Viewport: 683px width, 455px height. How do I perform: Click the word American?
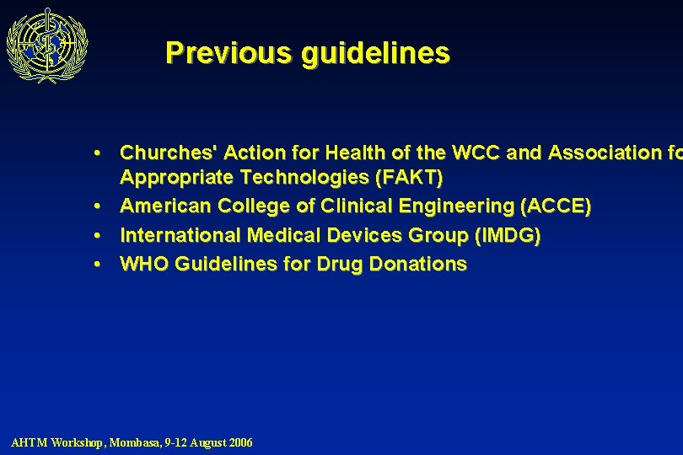(165, 206)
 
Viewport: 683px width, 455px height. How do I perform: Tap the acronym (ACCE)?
(557, 206)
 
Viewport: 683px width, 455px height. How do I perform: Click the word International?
(180, 235)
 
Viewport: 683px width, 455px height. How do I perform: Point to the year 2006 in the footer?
(239, 442)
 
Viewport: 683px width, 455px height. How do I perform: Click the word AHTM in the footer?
(29, 442)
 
